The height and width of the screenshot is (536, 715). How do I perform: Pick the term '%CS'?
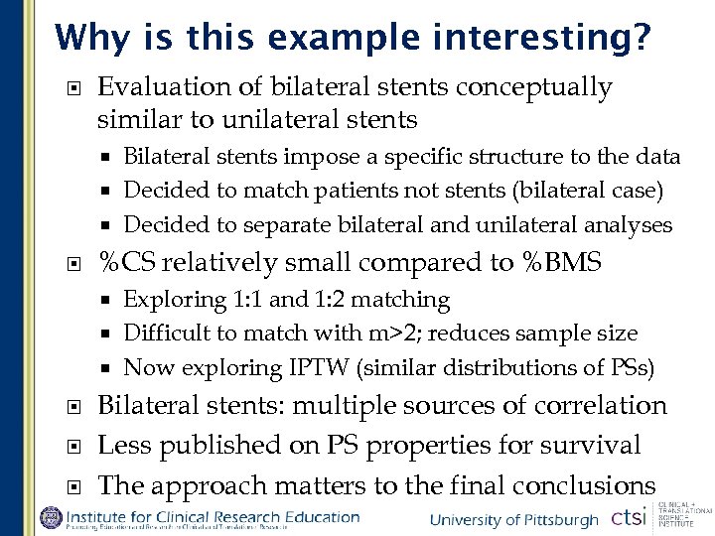point(127,263)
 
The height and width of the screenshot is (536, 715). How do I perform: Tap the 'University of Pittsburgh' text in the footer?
point(514,520)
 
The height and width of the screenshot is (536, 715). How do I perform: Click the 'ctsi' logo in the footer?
point(629,518)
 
